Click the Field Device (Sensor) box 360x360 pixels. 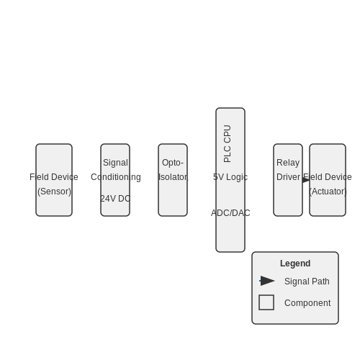pos(54,180)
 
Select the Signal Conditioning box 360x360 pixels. pos(115,180)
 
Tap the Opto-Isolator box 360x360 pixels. pos(173,180)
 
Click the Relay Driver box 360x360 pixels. pos(288,180)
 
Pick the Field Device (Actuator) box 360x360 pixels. pos(328,180)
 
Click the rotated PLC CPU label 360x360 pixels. pos(227,143)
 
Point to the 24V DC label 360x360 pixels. pos(115,199)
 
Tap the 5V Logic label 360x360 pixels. pos(230,177)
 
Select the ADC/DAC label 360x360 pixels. pos(230,213)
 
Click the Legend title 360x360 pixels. pos(295,264)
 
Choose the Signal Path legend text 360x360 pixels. pos(307,282)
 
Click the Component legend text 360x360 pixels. pos(307,303)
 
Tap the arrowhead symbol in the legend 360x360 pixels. pos(267,281)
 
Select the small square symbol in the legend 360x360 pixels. pos(266,302)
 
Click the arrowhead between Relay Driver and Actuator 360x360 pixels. pos(306,180)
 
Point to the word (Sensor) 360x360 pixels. pos(55,192)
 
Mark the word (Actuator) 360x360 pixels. pos(328,192)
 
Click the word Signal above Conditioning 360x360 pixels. pos(115,163)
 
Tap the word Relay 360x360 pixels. pos(288,163)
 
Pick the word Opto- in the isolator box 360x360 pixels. pos(173,163)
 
